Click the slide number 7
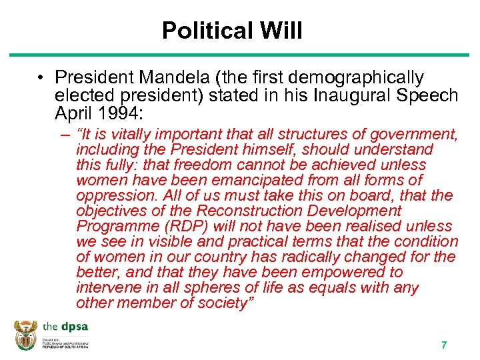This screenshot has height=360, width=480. point(443,345)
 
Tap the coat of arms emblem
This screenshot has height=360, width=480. point(26,335)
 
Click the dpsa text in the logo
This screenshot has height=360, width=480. point(74,327)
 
